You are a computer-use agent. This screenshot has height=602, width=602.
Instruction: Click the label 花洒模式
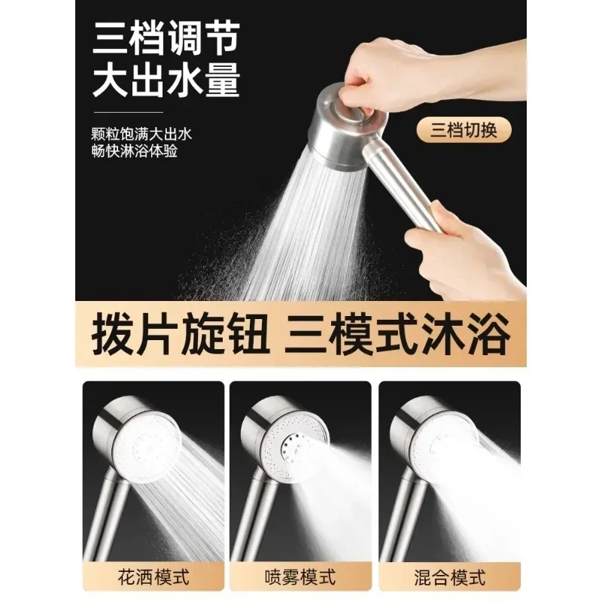coord(154,578)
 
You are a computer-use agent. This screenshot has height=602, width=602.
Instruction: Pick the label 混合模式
coord(448,578)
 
